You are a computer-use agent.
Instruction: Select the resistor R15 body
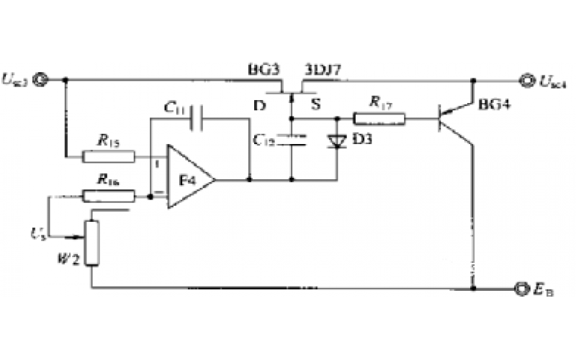(x=108, y=156)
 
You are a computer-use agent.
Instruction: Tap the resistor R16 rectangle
(x=108, y=194)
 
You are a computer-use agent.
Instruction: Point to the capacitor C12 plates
(x=292, y=140)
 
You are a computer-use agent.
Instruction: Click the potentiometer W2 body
(x=91, y=243)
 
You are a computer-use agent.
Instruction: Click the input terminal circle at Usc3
(x=42, y=79)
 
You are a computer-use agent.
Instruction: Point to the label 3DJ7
(x=323, y=71)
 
